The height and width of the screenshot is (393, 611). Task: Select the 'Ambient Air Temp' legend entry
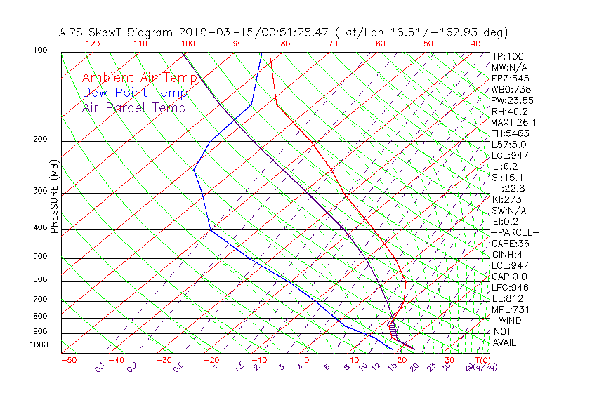140,78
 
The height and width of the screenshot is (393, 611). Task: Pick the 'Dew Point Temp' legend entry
135,93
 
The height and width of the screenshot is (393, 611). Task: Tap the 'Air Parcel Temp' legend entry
134,108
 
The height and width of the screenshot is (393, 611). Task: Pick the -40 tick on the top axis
472,44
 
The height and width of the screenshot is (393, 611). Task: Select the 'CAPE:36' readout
510,244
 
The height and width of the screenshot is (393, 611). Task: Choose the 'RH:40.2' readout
510,111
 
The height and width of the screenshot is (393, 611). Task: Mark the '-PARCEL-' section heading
515,232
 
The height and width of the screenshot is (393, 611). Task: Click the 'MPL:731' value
510,309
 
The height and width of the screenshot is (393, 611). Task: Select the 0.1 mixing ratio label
99,367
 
